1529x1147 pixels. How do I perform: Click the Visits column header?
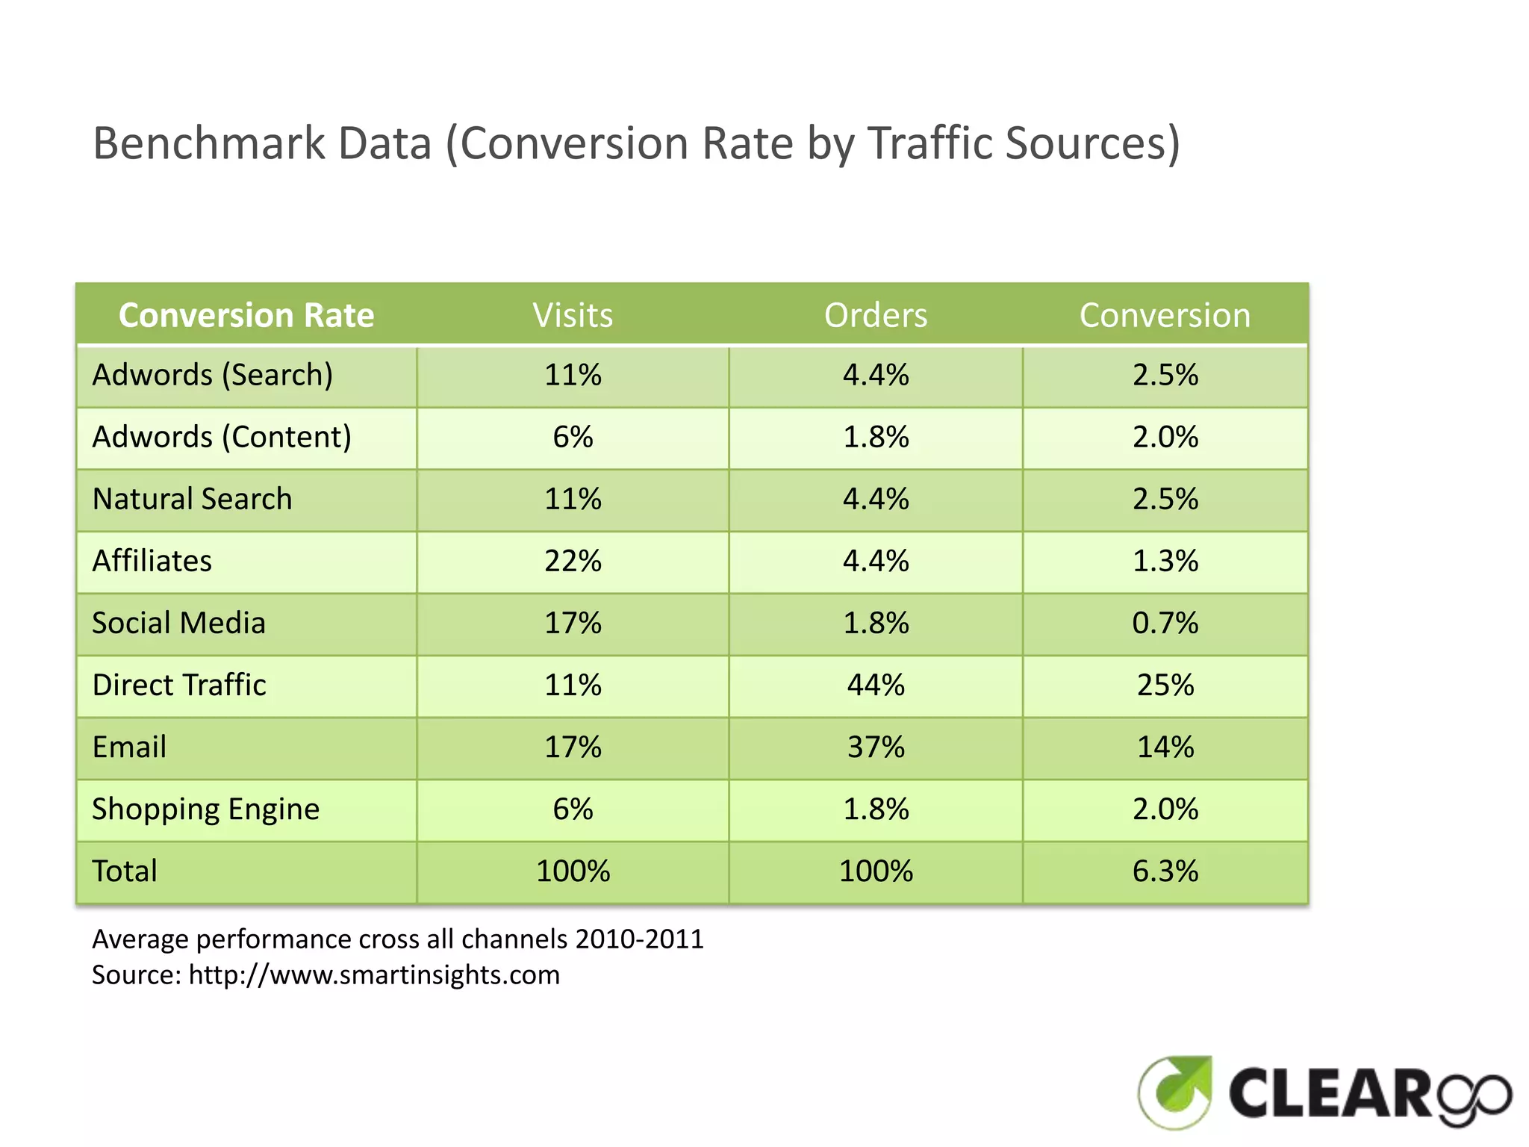point(573,315)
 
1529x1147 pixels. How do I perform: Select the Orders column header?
point(876,315)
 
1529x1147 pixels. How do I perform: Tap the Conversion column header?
point(1165,315)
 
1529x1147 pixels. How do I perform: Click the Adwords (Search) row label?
point(212,375)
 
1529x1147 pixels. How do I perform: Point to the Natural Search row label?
point(192,499)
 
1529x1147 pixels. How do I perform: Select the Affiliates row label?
point(152,561)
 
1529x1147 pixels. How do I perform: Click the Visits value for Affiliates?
point(573,561)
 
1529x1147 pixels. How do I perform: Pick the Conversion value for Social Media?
point(1165,623)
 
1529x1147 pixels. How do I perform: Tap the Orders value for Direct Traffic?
point(876,685)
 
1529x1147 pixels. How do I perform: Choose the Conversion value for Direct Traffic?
point(1165,685)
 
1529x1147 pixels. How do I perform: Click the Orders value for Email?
point(876,747)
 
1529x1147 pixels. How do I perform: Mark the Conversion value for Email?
point(1165,747)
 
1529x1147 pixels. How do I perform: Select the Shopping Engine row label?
point(205,809)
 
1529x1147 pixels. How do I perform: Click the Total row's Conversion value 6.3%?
point(1165,871)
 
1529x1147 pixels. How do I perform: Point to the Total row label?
point(125,871)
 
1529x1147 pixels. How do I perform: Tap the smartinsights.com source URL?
point(373,975)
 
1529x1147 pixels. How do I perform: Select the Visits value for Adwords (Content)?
point(573,437)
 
